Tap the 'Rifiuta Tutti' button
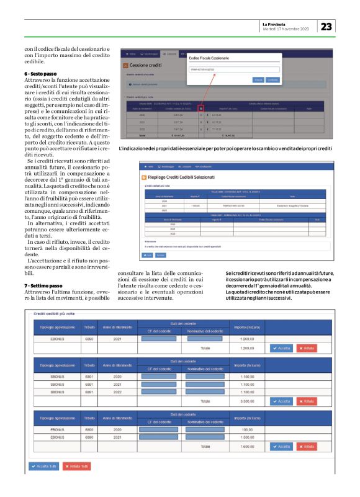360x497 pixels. pyautogui.click(x=77, y=466)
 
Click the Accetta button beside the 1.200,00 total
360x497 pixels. pyautogui.click(x=266, y=349)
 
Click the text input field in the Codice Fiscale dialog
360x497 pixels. pyautogui.click(x=233, y=70)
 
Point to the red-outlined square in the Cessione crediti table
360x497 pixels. pyautogui.click(x=202, y=108)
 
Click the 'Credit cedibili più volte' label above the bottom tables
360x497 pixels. pyautogui.click(x=54, y=315)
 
